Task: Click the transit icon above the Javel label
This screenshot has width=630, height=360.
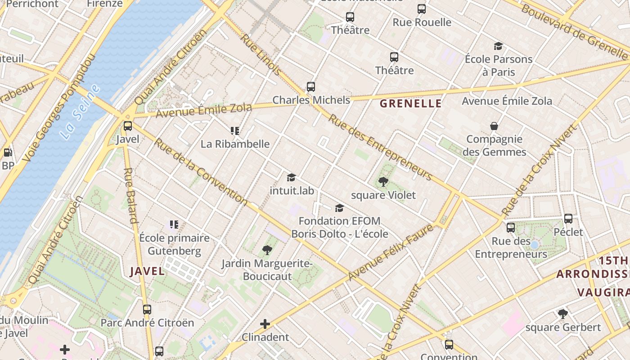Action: pos(128,126)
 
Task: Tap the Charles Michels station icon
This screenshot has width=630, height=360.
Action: pos(310,87)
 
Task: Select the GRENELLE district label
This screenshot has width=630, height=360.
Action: pos(410,103)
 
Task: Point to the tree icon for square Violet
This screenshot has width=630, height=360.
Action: pos(383,182)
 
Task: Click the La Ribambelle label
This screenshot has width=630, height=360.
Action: pos(235,144)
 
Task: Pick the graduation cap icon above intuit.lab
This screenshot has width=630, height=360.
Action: pos(291,178)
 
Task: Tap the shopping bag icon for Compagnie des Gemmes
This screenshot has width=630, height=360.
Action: pos(494,126)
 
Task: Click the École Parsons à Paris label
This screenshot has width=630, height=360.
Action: pos(498,65)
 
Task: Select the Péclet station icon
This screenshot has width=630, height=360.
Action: pos(568,219)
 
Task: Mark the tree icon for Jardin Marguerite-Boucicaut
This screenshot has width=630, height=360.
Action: pos(267,250)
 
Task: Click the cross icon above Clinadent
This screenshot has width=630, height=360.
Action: pos(265,324)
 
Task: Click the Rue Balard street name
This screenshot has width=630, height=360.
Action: pos(130,195)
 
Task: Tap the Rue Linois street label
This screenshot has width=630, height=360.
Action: pos(261,54)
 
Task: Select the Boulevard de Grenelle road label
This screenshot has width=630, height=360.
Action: pos(573,31)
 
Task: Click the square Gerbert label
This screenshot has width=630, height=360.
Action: pos(563,327)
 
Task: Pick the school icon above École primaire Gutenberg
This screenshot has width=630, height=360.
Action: pos(174,224)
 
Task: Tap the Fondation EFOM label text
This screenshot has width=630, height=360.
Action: pos(339,221)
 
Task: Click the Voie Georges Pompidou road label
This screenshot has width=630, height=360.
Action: pos(59,108)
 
